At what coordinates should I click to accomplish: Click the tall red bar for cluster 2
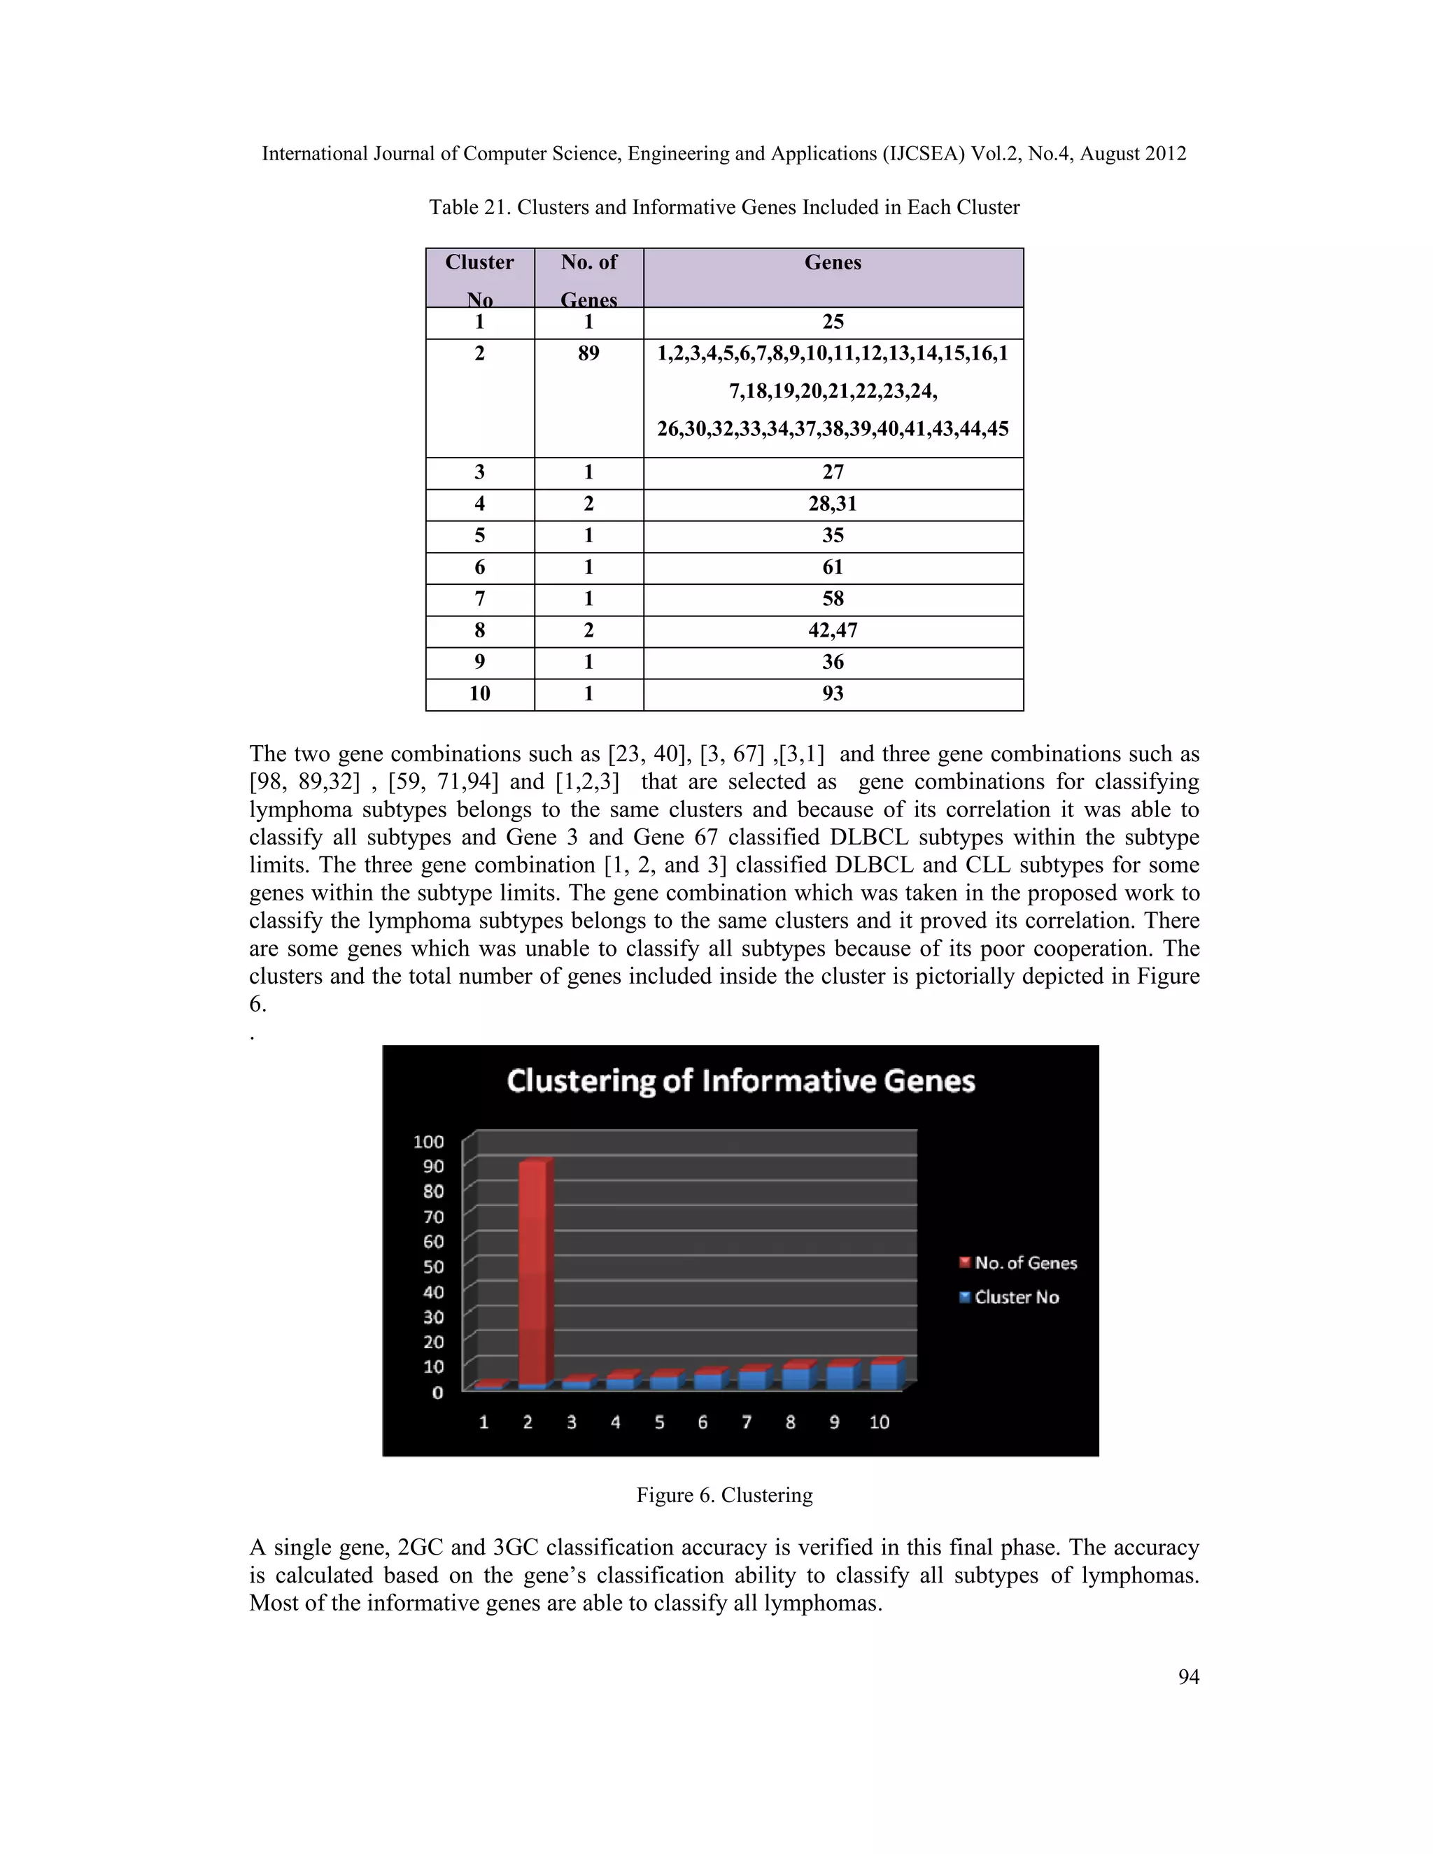click(533, 1273)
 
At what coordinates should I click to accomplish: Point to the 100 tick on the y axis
click(430, 1141)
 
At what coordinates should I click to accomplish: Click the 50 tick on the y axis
click(434, 1266)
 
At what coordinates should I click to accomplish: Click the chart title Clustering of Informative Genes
click(740, 1081)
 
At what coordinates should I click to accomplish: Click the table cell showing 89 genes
click(588, 354)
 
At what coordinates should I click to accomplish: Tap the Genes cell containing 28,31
click(833, 504)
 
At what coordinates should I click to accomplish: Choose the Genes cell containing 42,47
click(833, 631)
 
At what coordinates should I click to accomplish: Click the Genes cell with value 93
click(833, 693)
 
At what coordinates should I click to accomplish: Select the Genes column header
click(833, 263)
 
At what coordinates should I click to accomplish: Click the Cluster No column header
click(479, 278)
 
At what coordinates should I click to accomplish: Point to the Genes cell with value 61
click(833, 567)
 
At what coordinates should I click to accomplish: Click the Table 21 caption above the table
click(723, 207)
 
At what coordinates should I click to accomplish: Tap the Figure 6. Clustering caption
click(724, 1495)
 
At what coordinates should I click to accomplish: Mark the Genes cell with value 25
click(833, 322)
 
